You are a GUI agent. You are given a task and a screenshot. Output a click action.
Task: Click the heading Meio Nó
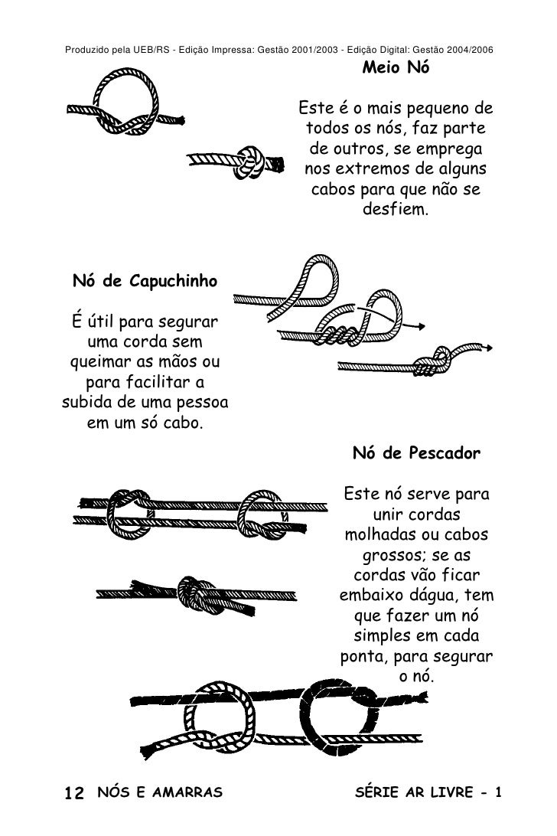(396, 67)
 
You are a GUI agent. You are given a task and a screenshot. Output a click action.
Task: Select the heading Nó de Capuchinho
(145, 281)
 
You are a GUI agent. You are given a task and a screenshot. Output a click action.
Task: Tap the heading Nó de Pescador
(416, 453)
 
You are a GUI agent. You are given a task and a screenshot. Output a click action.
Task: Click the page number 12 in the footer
(74, 793)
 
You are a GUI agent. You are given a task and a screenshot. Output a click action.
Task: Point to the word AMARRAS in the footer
(187, 792)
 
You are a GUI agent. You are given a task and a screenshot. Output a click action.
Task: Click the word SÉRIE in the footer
(377, 792)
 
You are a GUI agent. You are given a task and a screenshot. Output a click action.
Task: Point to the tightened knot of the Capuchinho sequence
(433, 362)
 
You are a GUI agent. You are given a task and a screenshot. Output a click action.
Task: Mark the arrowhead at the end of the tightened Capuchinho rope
(487, 348)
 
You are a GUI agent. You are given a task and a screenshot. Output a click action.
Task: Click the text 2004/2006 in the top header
(471, 50)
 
